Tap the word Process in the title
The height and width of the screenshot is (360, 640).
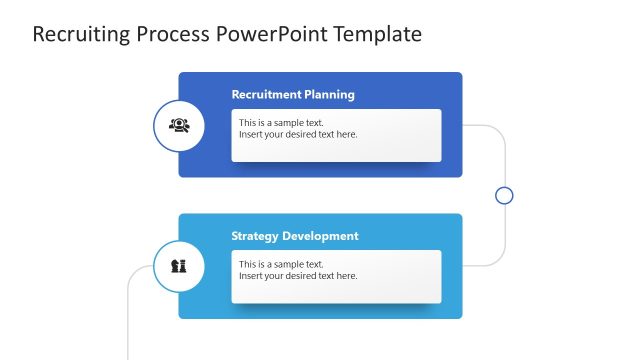171,35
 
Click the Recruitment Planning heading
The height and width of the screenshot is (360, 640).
293,95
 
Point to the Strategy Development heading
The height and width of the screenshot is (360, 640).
295,236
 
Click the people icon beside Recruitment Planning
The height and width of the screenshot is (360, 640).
179,125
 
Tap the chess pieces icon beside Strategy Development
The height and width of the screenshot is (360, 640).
179,266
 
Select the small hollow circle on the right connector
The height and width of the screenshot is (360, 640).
504,195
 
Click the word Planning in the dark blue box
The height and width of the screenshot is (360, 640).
329,95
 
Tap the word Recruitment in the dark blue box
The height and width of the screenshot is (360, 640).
266,95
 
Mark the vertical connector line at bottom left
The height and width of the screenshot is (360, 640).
128,320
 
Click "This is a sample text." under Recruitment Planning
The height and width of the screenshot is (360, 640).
281,123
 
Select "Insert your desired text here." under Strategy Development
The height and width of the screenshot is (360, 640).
298,276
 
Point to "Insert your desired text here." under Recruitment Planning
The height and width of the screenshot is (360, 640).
298,135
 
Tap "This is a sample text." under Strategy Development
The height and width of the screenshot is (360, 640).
281,264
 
